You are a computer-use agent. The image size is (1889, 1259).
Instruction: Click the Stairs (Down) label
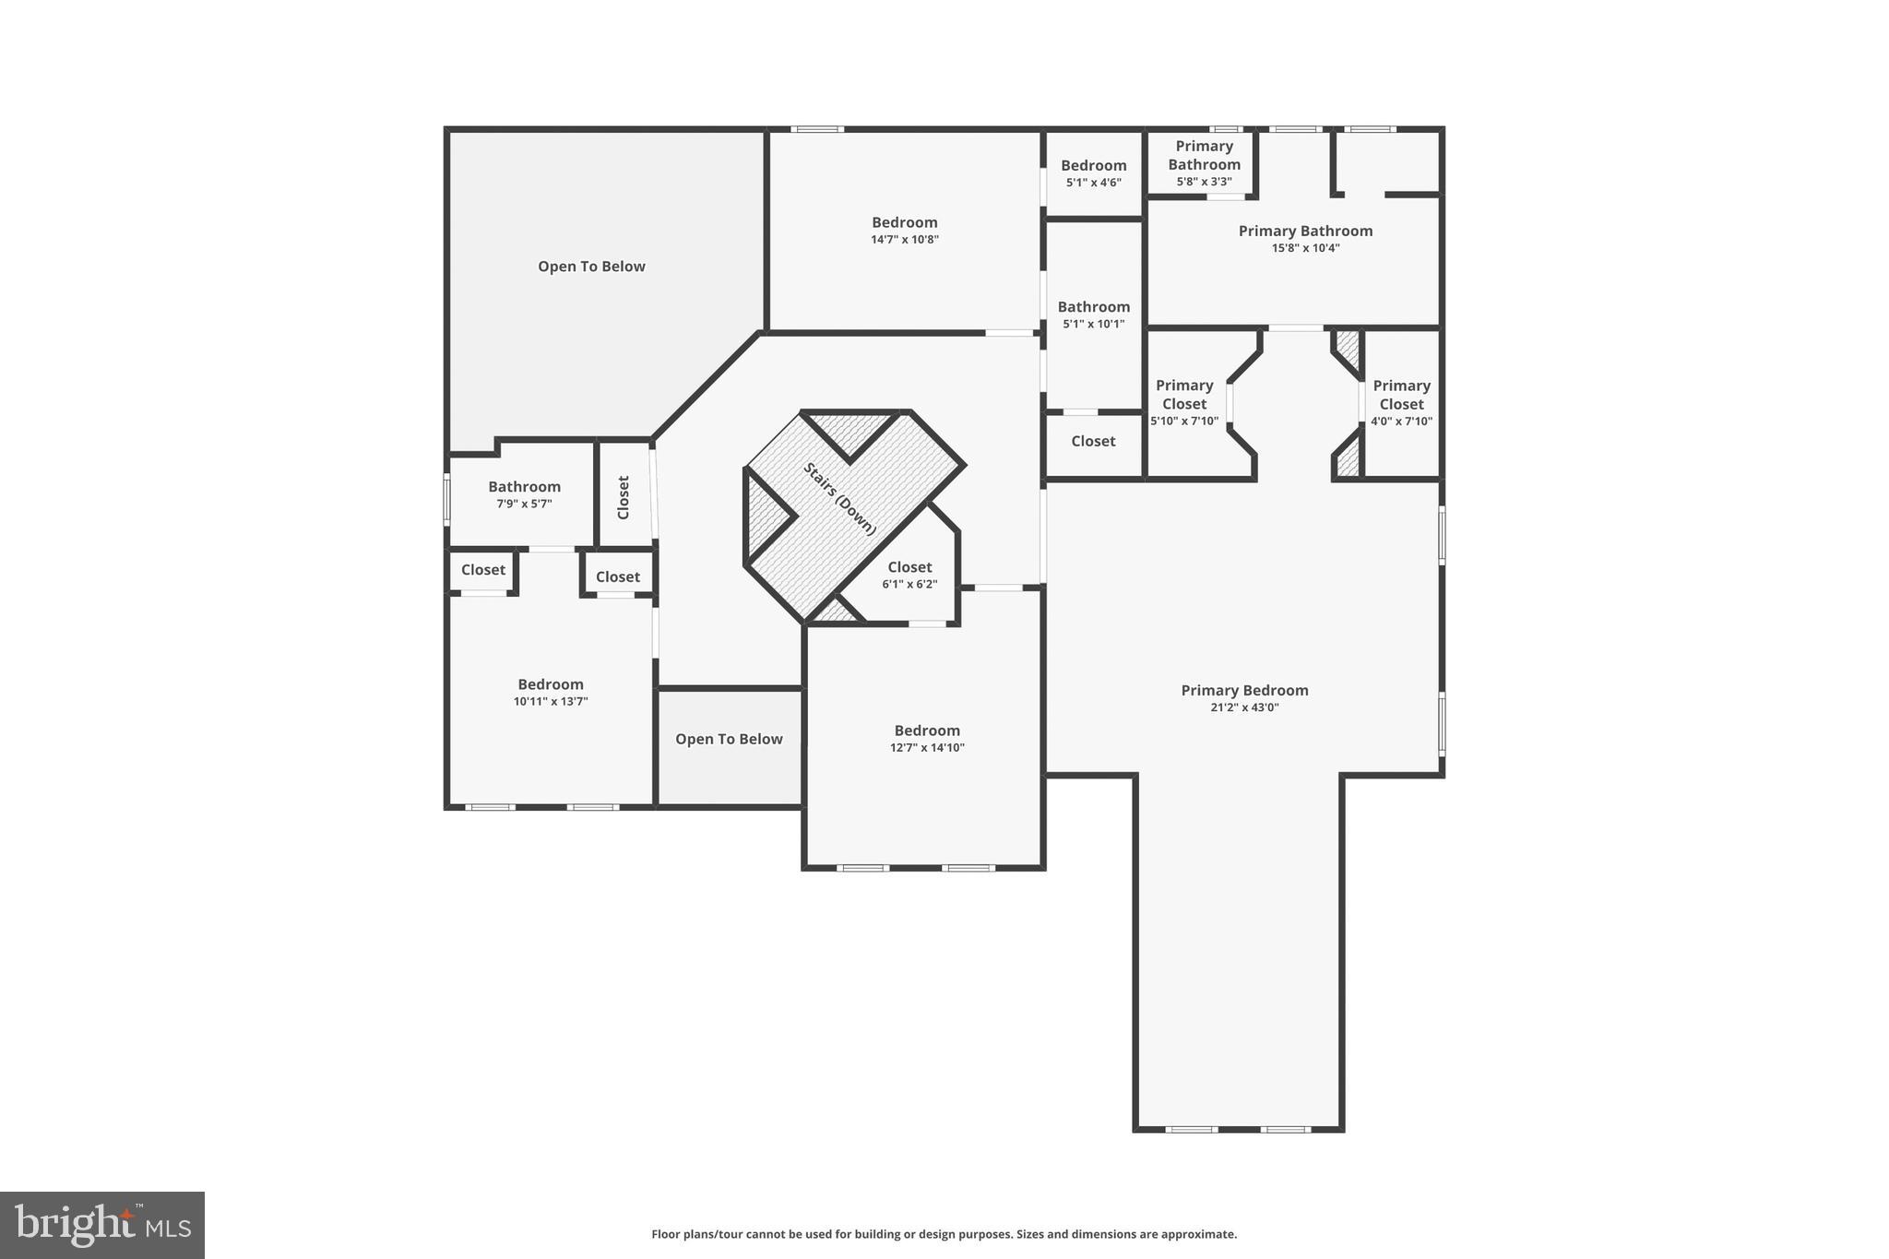tap(839, 499)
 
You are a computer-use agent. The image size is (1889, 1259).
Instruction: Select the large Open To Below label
tap(591, 267)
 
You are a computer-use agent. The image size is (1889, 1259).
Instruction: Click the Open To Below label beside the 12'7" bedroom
tap(729, 739)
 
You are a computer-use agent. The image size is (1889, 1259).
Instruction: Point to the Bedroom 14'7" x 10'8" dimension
tap(904, 240)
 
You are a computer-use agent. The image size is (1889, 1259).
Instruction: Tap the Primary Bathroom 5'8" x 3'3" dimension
tap(1204, 182)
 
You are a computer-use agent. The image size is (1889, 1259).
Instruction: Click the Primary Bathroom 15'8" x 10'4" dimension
tap(1305, 248)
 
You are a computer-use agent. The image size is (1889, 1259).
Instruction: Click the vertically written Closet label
tap(624, 497)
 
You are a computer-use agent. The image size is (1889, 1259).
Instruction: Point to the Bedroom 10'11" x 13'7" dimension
tap(551, 702)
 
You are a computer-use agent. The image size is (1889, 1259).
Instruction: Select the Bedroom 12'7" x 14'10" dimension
tap(927, 748)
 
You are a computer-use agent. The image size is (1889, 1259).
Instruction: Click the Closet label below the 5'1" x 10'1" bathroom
tap(1093, 441)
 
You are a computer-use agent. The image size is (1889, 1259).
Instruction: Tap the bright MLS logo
tap(102, 1225)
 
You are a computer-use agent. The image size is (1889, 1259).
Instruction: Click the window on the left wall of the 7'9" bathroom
tap(447, 499)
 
